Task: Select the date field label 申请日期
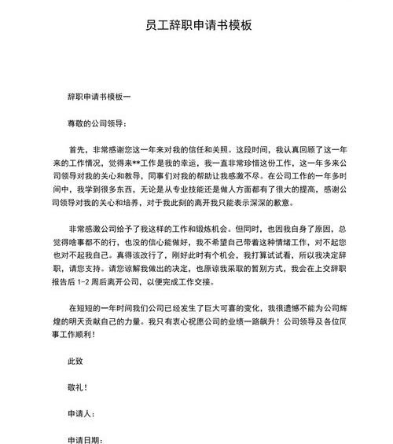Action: [x=86, y=438]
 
